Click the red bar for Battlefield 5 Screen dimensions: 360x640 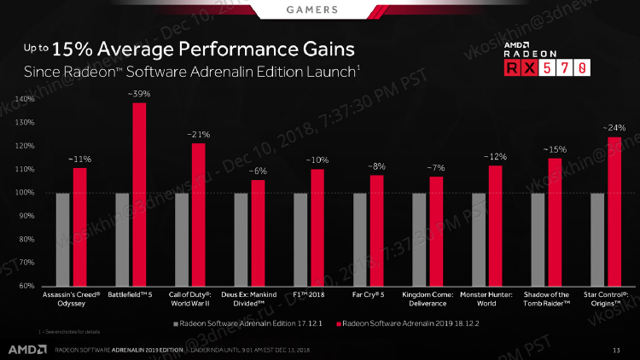point(139,194)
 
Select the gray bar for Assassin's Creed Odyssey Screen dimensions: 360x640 point(62,239)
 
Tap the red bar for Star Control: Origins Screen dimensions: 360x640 point(614,211)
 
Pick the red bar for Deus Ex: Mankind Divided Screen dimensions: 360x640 point(258,232)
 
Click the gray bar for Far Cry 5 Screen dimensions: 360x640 point(359,239)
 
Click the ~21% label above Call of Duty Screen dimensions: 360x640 point(198,135)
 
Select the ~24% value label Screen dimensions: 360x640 point(614,128)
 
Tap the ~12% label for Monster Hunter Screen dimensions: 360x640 point(496,157)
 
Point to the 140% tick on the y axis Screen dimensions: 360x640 point(23,100)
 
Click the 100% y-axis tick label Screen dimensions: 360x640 point(23,193)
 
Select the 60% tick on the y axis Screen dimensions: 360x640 point(25,286)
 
